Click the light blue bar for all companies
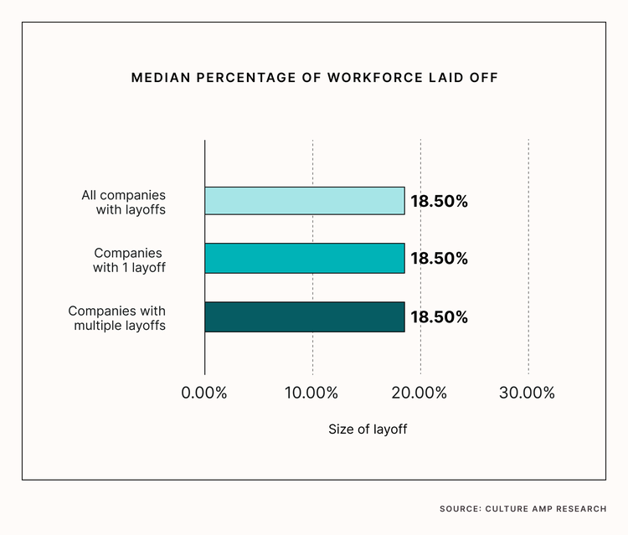click(x=305, y=201)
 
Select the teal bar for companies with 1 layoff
click(x=305, y=259)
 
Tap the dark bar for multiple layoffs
click(x=305, y=317)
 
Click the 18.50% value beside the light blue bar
click(x=439, y=201)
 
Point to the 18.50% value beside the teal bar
click(x=439, y=259)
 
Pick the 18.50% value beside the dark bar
click(x=439, y=317)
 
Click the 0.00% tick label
click(x=204, y=393)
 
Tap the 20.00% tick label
click(x=420, y=393)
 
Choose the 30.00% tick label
click(x=528, y=393)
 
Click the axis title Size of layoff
click(x=368, y=430)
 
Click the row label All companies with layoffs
click(x=124, y=202)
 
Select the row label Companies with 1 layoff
click(x=129, y=260)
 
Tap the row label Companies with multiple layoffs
click(x=117, y=317)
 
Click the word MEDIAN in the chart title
click(x=159, y=78)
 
